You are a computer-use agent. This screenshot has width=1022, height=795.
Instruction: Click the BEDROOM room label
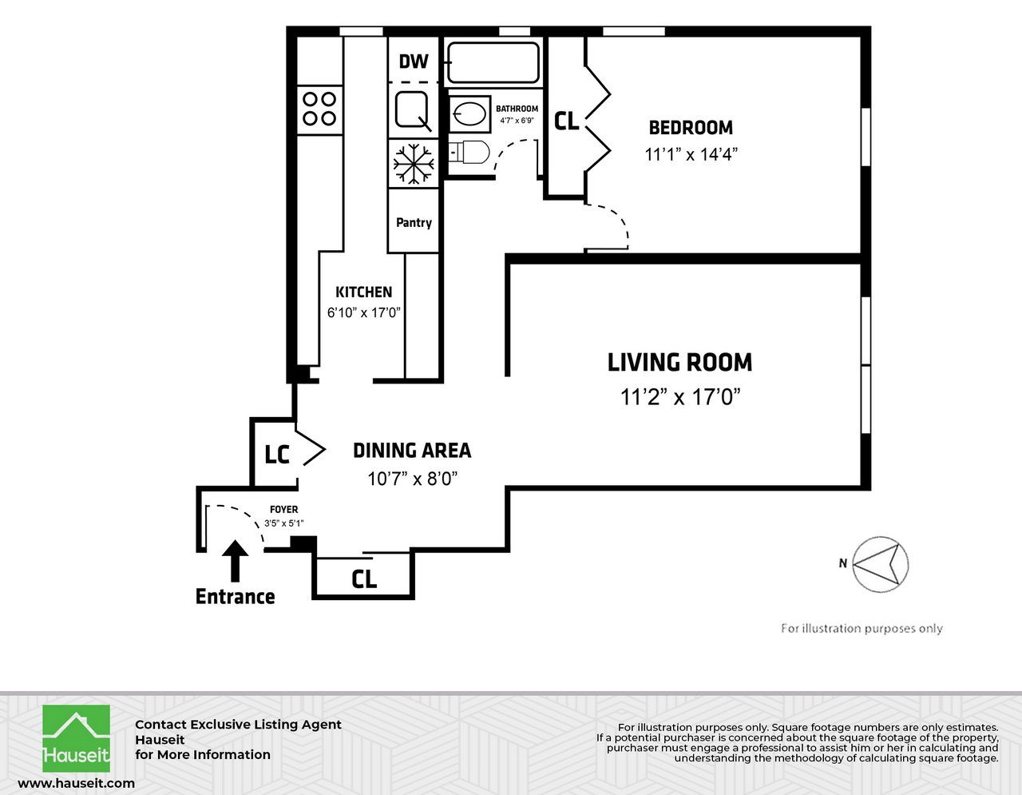pyautogui.click(x=691, y=128)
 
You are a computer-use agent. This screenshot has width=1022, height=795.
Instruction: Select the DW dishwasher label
pyautogui.click(x=414, y=62)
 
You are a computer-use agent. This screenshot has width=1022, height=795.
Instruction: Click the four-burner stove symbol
pyautogui.click(x=319, y=109)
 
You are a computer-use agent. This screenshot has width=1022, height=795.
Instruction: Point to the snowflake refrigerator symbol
pyautogui.click(x=413, y=164)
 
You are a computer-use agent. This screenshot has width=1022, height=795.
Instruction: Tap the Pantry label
pyautogui.click(x=414, y=222)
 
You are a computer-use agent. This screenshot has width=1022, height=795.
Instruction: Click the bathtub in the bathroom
pyautogui.click(x=493, y=63)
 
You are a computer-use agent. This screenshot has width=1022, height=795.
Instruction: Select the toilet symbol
pyautogui.click(x=469, y=153)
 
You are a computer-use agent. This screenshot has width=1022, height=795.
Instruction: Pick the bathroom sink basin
pyautogui.click(x=469, y=114)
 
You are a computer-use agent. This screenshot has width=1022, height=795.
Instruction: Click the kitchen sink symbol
pyautogui.click(x=413, y=110)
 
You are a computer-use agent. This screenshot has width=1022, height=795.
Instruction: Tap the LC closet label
pyautogui.click(x=276, y=455)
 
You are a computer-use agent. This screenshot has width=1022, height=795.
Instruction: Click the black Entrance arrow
pyautogui.click(x=235, y=561)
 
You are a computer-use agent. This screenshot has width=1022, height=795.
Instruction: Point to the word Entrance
pyautogui.click(x=236, y=597)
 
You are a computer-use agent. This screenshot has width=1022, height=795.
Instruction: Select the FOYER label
pyautogui.click(x=284, y=510)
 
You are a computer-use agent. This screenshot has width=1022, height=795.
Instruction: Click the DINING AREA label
pyautogui.click(x=412, y=450)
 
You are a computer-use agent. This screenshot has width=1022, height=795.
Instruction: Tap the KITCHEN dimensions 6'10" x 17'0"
pyautogui.click(x=363, y=312)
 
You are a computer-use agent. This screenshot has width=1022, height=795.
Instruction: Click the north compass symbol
pyautogui.click(x=880, y=564)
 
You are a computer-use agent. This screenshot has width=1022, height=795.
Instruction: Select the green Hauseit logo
pyautogui.click(x=76, y=738)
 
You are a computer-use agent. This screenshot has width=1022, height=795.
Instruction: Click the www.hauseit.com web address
pyautogui.click(x=76, y=783)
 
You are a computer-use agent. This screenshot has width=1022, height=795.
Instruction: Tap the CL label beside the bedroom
pyautogui.click(x=566, y=121)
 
